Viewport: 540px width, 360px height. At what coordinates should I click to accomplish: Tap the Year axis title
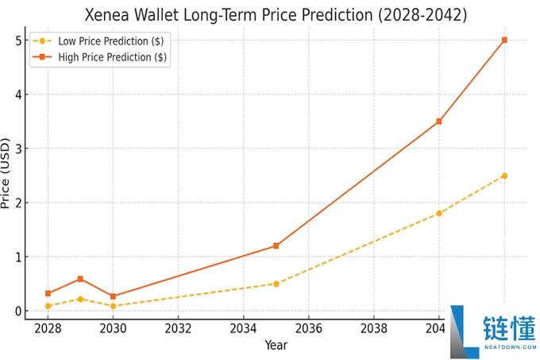(276, 345)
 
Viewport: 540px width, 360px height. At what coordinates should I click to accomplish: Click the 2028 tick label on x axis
(48, 327)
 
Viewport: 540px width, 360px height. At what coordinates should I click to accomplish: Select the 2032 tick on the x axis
(178, 327)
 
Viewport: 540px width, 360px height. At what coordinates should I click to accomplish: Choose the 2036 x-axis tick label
(309, 327)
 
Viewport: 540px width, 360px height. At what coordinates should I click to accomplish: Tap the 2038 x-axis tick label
(374, 327)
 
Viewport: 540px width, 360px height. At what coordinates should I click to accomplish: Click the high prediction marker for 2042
(504, 40)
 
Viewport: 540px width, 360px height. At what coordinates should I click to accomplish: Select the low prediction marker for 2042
(504, 176)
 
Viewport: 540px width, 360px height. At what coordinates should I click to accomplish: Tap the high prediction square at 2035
(276, 246)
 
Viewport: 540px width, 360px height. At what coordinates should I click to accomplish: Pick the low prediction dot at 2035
(276, 284)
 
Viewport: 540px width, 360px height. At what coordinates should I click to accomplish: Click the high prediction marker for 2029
(80, 279)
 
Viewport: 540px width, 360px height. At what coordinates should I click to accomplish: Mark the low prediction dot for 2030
(113, 306)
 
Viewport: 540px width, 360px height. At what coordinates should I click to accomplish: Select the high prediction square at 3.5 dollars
(439, 122)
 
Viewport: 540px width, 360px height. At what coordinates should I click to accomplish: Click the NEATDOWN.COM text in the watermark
(509, 346)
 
